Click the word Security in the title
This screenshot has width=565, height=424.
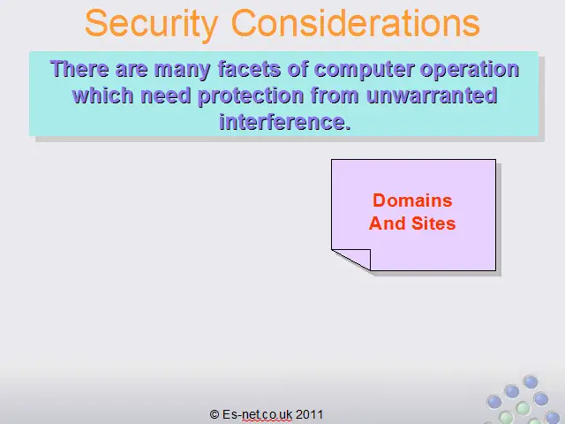pyautogui.click(x=152, y=24)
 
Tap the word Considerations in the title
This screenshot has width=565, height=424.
pyautogui.click(x=355, y=22)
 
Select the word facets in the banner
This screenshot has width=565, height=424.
pyautogui.click(x=249, y=69)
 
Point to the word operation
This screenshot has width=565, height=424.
pyautogui.click(x=470, y=70)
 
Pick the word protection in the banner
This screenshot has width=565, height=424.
pyautogui.click(x=251, y=96)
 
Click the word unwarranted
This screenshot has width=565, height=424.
pyautogui.click(x=432, y=95)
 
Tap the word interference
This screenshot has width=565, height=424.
pyautogui.click(x=285, y=122)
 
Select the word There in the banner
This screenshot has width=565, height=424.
pyautogui.click(x=79, y=69)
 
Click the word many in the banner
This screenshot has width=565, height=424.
pyautogui.click(x=183, y=70)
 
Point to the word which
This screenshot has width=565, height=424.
pyautogui.click(x=102, y=95)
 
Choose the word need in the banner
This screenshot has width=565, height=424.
pyautogui.click(x=165, y=95)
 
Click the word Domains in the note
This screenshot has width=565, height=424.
pyautogui.click(x=412, y=201)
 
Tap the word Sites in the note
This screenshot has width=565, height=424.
pyautogui.click(x=433, y=223)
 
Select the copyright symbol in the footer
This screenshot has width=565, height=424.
pyautogui.click(x=215, y=414)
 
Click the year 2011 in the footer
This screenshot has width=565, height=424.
pyautogui.click(x=309, y=414)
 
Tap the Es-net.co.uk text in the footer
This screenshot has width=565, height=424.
pyautogui.click(x=257, y=414)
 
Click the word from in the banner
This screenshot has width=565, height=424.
pyautogui.click(x=335, y=95)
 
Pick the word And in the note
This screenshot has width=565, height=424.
pyautogui.click(x=388, y=223)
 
